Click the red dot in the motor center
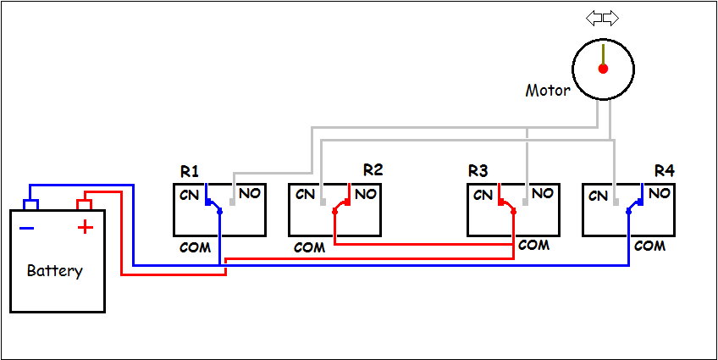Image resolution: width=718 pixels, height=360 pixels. pyautogui.click(x=603, y=68)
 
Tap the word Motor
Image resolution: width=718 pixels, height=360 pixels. pyautogui.click(x=548, y=90)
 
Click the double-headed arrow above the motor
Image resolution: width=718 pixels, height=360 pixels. pyautogui.click(x=602, y=18)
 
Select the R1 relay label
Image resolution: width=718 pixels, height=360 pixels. pyautogui.click(x=190, y=171)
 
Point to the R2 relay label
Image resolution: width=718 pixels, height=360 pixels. pyautogui.click(x=373, y=169)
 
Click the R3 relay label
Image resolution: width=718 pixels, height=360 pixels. pyautogui.click(x=478, y=171)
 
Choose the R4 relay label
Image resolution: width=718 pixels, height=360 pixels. pyautogui.click(x=665, y=171)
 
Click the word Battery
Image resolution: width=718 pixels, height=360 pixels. pyautogui.click(x=55, y=271)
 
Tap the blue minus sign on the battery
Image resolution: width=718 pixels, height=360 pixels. pyautogui.click(x=27, y=227)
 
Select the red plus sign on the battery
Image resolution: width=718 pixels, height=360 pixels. pyautogui.click(x=85, y=227)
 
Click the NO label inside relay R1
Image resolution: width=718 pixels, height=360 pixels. pyautogui.click(x=249, y=194)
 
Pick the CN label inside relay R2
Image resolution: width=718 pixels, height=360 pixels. pyautogui.click(x=305, y=194)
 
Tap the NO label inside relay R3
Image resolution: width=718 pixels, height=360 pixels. pyautogui.click(x=543, y=194)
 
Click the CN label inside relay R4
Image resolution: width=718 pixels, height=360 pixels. pyautogui.click(x=599, y=196)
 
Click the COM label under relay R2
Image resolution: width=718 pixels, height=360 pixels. pyautogui.click(x=309, y=248)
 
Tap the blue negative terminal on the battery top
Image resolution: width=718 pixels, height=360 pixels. pyautogui.click(x=31, y=205)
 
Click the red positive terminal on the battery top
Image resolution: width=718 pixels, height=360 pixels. pyautogui.click(x=84, y=204)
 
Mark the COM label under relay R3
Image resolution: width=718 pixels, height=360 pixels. pyautogui.click(x=533, y=246)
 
